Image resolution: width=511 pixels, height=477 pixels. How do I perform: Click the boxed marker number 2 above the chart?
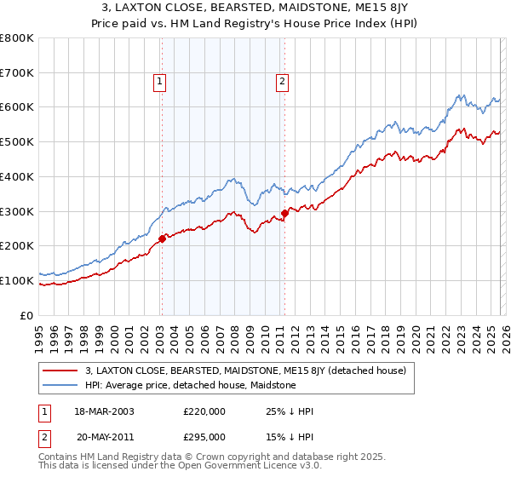pyautogui.click(x=282, y=82)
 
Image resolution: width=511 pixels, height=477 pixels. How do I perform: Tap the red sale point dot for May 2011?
pyautogui.click(x=284, y=213)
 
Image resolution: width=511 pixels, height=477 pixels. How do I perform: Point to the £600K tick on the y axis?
pyautogui.click(x=17, y=107)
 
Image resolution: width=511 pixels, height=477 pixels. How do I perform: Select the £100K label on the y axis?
pyautogui.click(x=17, y=280)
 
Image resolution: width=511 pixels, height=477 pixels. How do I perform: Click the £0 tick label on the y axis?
pyautogui.click(x=27, y=315)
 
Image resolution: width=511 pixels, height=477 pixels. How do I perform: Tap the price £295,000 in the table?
pyautogui.click(x=204, y=436)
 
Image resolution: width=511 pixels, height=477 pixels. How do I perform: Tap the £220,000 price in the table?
pyautogui.click(x=204, y=411)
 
